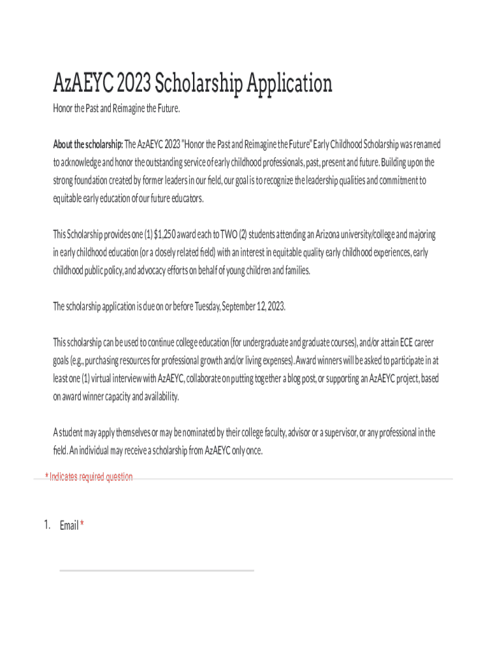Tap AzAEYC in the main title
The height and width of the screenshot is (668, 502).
pos(81,84)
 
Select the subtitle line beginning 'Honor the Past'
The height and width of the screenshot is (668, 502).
pos(116,108)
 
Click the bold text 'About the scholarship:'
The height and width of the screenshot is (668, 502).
pos(87,144)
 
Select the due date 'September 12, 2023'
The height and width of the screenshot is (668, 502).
pos(254,307)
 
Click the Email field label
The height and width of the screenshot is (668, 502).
pos(68,525)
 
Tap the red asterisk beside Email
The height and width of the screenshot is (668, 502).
pos(82,524)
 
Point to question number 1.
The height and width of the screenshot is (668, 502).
pos(47,525)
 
